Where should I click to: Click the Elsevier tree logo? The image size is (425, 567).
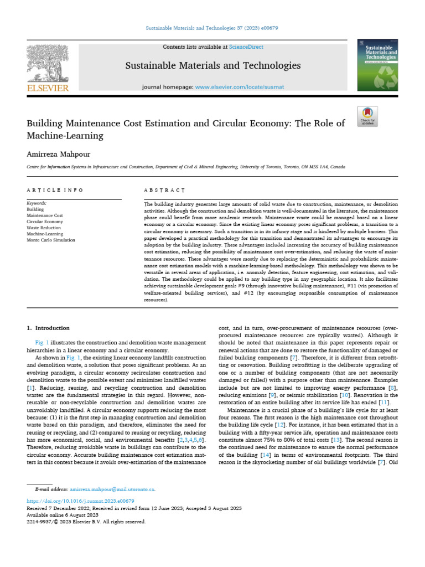(49, 64)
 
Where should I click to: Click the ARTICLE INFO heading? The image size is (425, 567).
(55, 190)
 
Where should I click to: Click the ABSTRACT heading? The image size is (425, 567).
(160, 190)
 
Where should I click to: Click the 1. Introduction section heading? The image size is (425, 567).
(49, 328)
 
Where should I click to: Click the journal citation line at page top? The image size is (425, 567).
(212, 28)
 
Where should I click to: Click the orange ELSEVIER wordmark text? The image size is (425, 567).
(48, 88)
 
